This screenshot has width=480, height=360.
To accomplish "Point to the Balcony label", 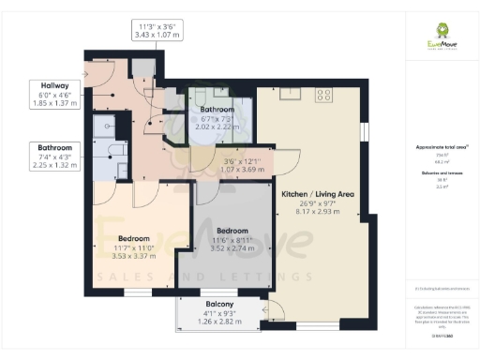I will (218, 304).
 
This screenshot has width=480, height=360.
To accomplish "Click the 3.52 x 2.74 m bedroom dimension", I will (232, 249).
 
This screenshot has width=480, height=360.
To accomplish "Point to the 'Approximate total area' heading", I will (441, 148).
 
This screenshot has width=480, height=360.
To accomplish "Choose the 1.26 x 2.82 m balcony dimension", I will (218, 322).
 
